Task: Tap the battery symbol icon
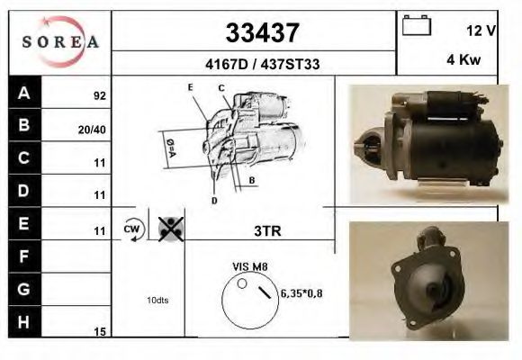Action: click(x=417, y=25)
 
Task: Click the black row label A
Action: click(x=24, y=93)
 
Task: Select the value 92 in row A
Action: click(x=99, y=94)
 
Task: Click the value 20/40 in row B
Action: click(x=94, y=129)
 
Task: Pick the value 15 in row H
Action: click(x=100, y=331)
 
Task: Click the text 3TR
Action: click(x=267, y=230)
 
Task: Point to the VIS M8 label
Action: click(x=251, y=267)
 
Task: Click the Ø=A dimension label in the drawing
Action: click(x=170, y=147)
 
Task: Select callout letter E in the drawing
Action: click(x=191, y=86)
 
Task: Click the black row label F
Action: click(x=24, y=256)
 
